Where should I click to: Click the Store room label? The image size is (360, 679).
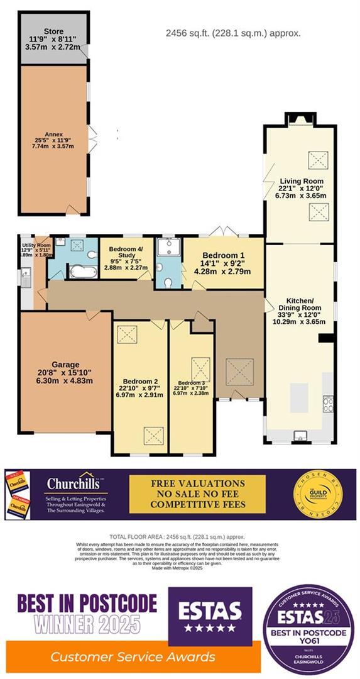click(x=53, y=31)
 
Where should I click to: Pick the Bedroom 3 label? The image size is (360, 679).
click(x=190, y=383)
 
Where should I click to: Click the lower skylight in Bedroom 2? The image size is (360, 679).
click(x=151, y=434)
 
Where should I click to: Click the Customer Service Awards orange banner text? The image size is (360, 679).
click(x=133, y=657)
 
